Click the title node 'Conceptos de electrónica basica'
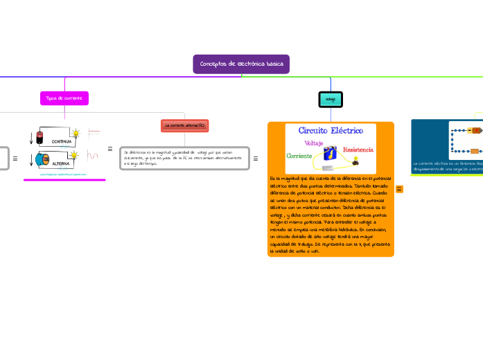(x=241, y=64)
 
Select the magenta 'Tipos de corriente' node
(x=64, y=98)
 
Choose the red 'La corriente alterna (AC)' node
(x=184, y=125)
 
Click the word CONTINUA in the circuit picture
(x=62, y=141)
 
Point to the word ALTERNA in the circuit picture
(x=62, y=164)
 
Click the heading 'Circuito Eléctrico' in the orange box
(x=330, y=130)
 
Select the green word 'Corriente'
(x=299, y=156)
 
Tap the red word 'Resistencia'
(x=358, y=150)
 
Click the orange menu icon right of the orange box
(x=400, y=189)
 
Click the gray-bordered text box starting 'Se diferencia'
(x=184, y=157)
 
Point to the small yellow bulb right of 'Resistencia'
(x=356, y=161)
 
